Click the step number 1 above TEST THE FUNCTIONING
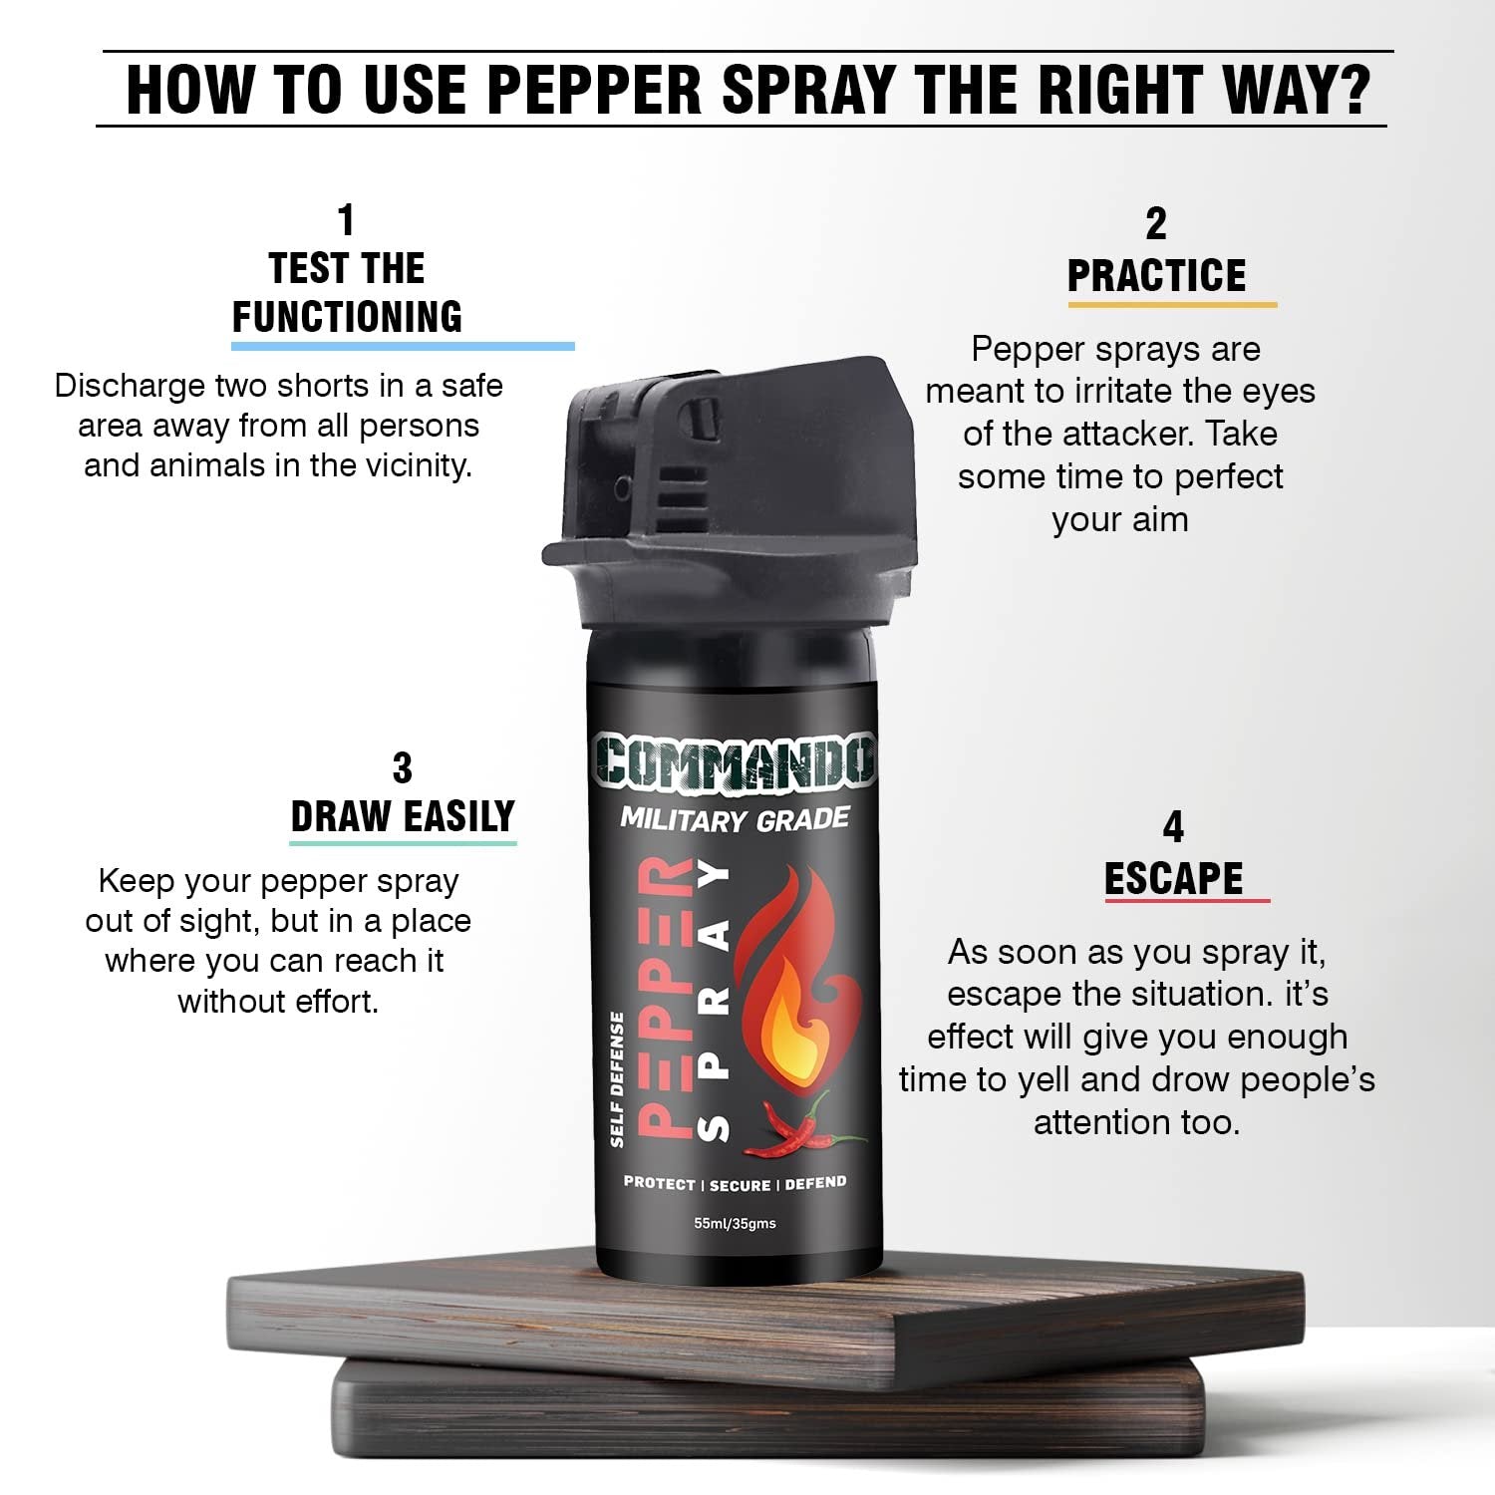[x=346, y=220]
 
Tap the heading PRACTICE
[x=1156, y=276]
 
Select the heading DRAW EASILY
[x=403, y=817]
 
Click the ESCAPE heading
[x=1173, y=879]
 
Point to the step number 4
[x=1173, y=827]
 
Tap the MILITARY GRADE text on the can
[x=735, y=820]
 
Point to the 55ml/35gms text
[x=735, y=1223]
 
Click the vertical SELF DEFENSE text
[x=617, y=1079]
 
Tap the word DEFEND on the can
[x=815, y=1183]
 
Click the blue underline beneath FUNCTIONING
[x=403, y=346]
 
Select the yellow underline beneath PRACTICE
[x=1172, y=304]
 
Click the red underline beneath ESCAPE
[x=1186, y=901]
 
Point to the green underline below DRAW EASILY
[x=403, y=843]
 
